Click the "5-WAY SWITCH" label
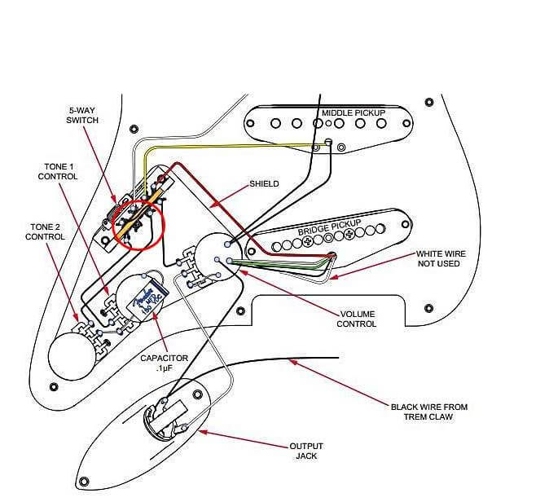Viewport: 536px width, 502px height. (82, 115)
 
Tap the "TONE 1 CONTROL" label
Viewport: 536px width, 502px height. (60, 171)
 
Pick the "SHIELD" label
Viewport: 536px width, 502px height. (266, 184)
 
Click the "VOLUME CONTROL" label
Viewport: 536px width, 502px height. (357, 319)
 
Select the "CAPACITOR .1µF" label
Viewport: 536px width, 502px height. (164, 363)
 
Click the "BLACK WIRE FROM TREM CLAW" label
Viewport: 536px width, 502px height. (428, 412)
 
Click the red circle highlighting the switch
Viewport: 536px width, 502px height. (138, 220)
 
